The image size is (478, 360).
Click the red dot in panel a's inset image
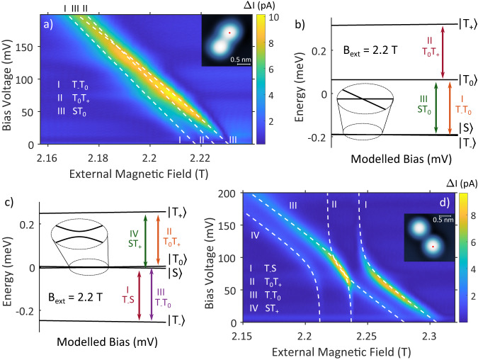coord(229,33)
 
